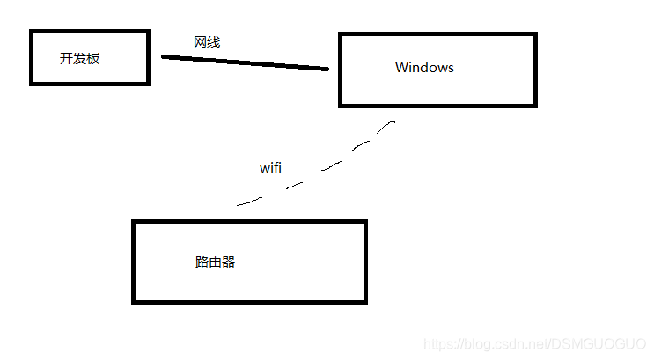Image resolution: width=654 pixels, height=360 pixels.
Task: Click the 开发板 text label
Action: point(80,59)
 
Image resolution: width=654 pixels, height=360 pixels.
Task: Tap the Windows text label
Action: point(424,68)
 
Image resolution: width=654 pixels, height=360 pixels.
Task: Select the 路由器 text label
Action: point(215,261)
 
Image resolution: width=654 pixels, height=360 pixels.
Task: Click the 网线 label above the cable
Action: point(208,41)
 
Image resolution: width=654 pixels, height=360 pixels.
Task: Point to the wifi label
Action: point(270,167)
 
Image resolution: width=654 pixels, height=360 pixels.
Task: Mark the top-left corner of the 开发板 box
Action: point(32,32)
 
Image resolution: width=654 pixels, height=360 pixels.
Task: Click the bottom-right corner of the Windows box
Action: point(534,105)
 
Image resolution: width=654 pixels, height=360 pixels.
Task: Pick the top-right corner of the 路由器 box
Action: point(364,222)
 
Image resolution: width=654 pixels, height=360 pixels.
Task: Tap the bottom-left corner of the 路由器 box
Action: point(134,301)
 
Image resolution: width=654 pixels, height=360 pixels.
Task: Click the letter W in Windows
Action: point(401,68)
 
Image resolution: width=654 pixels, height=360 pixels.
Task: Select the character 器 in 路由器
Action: point(229,261)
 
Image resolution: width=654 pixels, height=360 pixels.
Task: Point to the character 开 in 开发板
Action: point(66,59)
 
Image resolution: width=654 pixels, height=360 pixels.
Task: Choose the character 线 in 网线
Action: point(215,41)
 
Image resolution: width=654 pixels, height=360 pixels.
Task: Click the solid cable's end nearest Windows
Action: point(327,68)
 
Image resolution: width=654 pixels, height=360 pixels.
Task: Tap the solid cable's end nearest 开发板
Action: point(164,57)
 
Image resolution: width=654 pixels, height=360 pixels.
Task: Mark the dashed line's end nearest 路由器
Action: point(239,206)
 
